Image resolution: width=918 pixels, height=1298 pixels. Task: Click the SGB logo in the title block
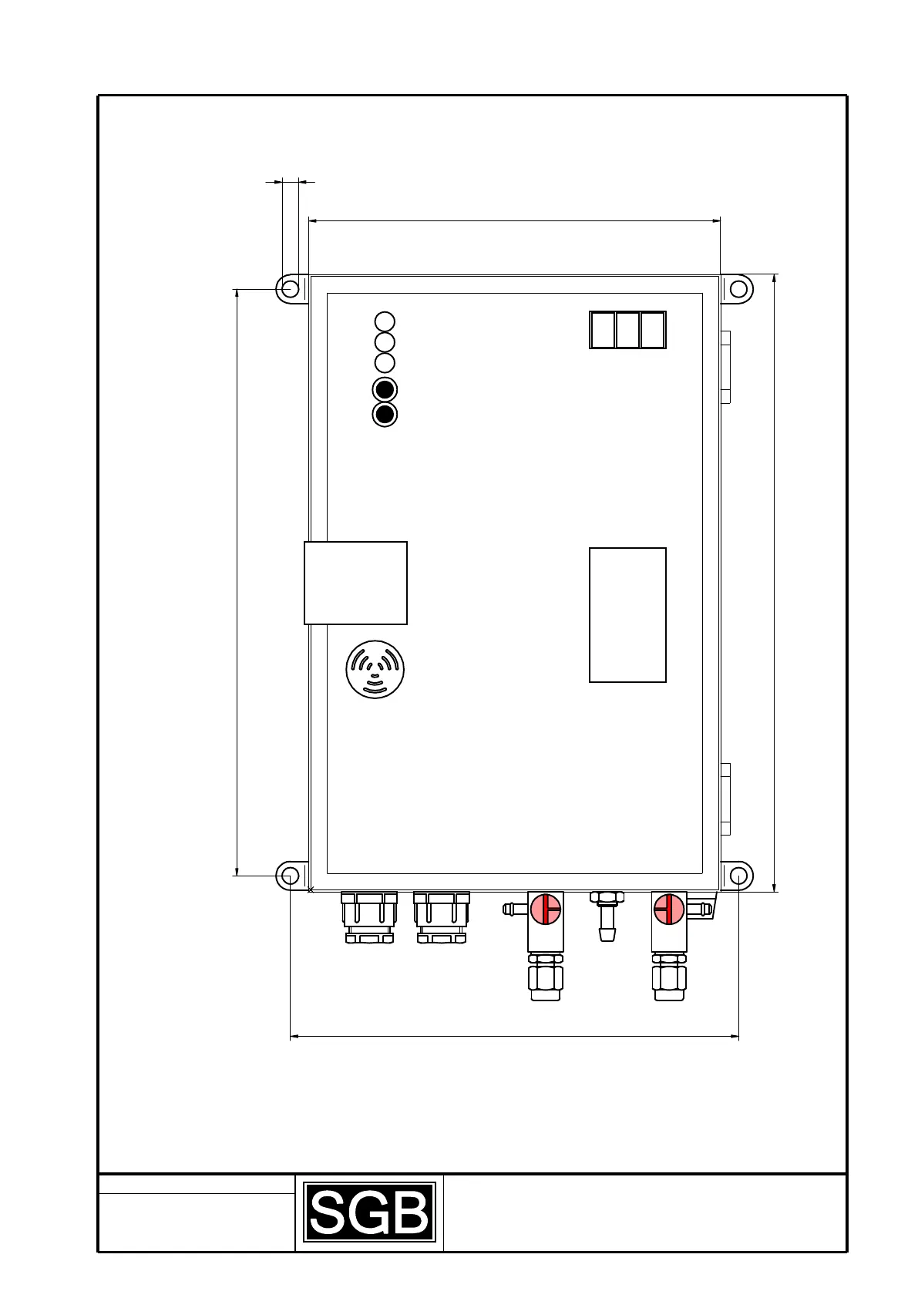coord(370,1212)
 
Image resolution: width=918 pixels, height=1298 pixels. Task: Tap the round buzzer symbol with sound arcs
coord(375,669)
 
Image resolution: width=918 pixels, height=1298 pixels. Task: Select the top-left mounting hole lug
coord(290,289)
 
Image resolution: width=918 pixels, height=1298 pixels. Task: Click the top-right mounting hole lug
coord(738,289)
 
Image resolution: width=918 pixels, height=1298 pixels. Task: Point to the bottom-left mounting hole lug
coord(289,876)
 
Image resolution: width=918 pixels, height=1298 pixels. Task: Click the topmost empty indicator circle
coord(385,321)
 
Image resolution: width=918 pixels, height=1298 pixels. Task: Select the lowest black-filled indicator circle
coord(385,415)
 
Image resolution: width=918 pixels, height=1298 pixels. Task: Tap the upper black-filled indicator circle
coord(385,389)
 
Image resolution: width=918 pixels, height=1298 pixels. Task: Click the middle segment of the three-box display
coord(627,331)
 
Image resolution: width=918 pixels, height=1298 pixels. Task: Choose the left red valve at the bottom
coord(546,910)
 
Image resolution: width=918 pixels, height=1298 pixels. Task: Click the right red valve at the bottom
coord(669,910)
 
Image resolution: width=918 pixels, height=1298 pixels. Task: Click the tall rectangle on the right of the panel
coord(627,615)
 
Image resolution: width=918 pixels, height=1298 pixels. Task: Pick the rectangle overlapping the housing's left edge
coord(355,583)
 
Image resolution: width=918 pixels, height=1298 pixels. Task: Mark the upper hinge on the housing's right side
coord(725,367)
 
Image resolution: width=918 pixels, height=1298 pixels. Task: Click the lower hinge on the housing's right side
coord(725,799)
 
